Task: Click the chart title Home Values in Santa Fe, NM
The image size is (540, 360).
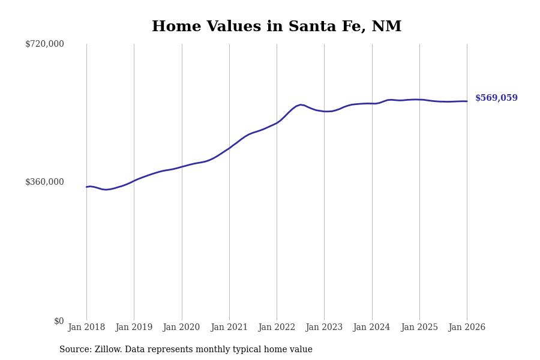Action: click(x=277, y=27)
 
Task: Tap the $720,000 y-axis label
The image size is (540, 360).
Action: click(x=44, y=44)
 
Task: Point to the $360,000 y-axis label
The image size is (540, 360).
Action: click(x=44, y=182)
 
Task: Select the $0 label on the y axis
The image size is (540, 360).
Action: click(x=59, y=321)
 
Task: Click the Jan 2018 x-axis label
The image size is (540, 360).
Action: click(x=86, y=328)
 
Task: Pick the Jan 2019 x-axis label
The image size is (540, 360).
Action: click(x=134, y=328)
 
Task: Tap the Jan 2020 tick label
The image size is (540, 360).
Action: click(x=181, y=328)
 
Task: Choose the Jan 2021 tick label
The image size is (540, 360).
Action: click(x=229, y=328)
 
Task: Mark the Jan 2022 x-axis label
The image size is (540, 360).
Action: click(x=277, y=328)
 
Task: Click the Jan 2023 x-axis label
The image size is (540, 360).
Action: click(x=324, y=328)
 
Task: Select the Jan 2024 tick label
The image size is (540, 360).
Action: click(x=371, y=328)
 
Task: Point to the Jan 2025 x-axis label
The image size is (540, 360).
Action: click(x=419, y=328)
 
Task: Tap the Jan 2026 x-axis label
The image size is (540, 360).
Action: click(x=467, y=328)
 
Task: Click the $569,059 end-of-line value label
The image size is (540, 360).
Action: click(x=496, y=98)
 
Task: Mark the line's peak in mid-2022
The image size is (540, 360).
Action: click(x=301, y=104)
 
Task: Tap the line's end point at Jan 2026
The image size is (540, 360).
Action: click(x=467, y=101)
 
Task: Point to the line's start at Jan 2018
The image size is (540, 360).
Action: click(x=86, y=187)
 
